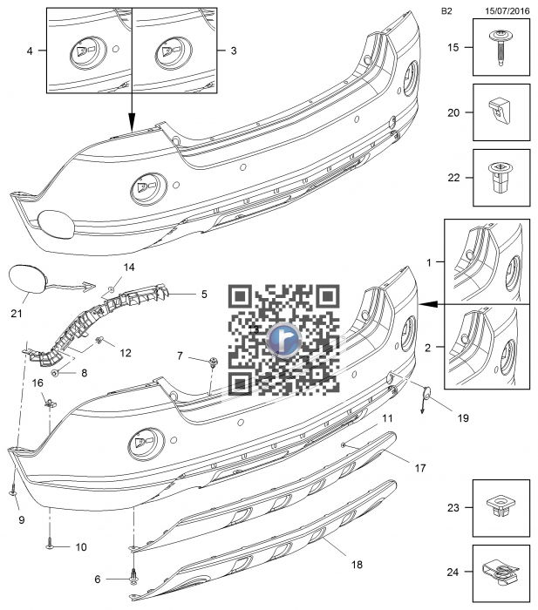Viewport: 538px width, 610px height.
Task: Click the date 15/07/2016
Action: click(x=507, y=10)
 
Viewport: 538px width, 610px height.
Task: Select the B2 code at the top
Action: click(x=446, y=10)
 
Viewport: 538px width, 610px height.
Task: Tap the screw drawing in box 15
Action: click(x=500, y=47)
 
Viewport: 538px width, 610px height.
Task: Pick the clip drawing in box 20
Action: click(x=499, y=111)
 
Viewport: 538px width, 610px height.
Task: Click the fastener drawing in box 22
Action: click(x=500, y=178)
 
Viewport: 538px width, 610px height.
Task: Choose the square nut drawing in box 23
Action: click(x=499, y=506)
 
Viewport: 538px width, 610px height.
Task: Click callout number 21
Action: click(x=17, y=313)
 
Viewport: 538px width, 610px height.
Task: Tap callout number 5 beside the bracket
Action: click(x=204, y=295)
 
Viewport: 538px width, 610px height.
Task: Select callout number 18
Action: click(x=357, y=564)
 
